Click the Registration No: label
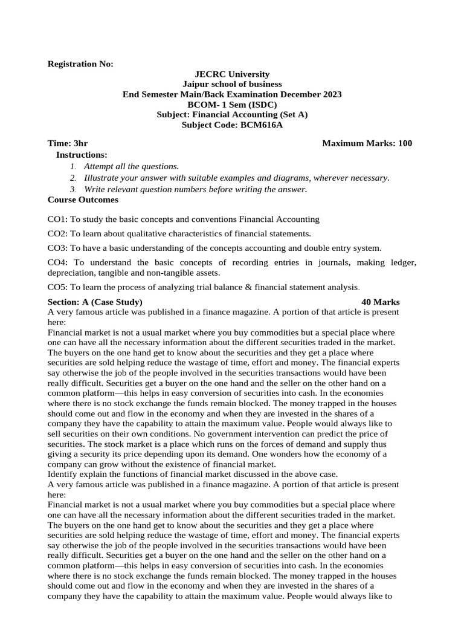(80, 64)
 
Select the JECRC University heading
(231, 74)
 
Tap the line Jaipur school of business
(231, 84)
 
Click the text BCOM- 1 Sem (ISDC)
(231, 104)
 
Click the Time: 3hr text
(68, 143)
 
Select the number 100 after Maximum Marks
(405, 143)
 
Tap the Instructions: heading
(82, 155)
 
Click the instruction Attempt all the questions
(131, 166)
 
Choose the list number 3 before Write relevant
(72, 190)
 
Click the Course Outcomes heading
(83, 199)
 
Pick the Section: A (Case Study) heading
(95, 302)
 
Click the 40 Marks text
(380, 302)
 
